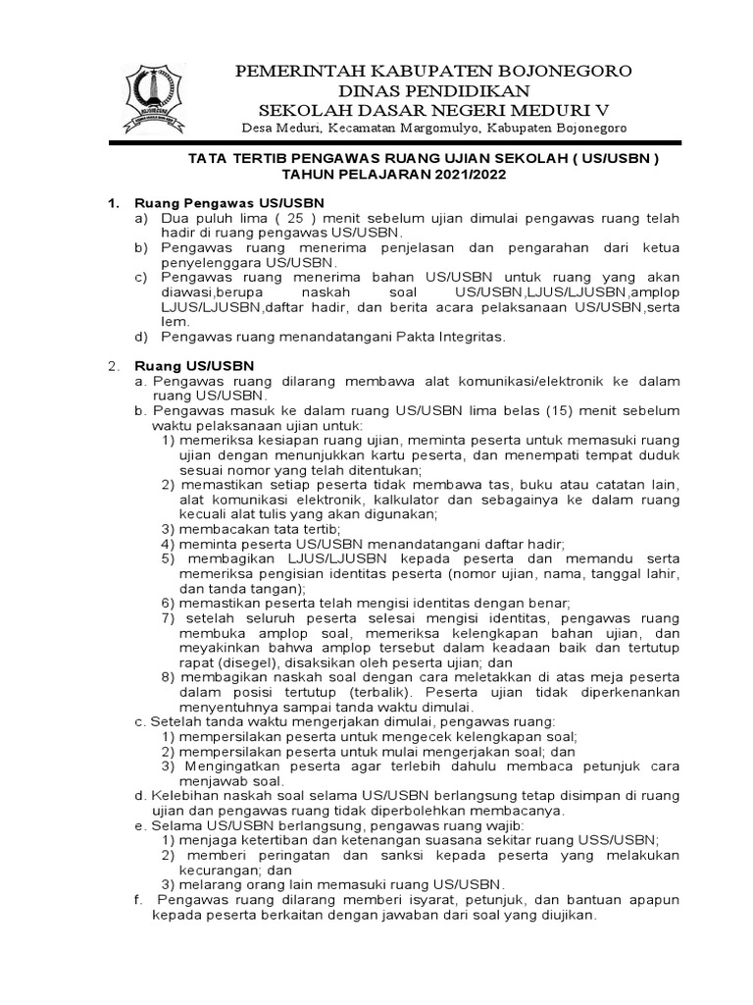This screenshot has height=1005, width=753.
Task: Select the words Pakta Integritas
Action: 456,337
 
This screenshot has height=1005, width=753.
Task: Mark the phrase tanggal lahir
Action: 638,573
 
